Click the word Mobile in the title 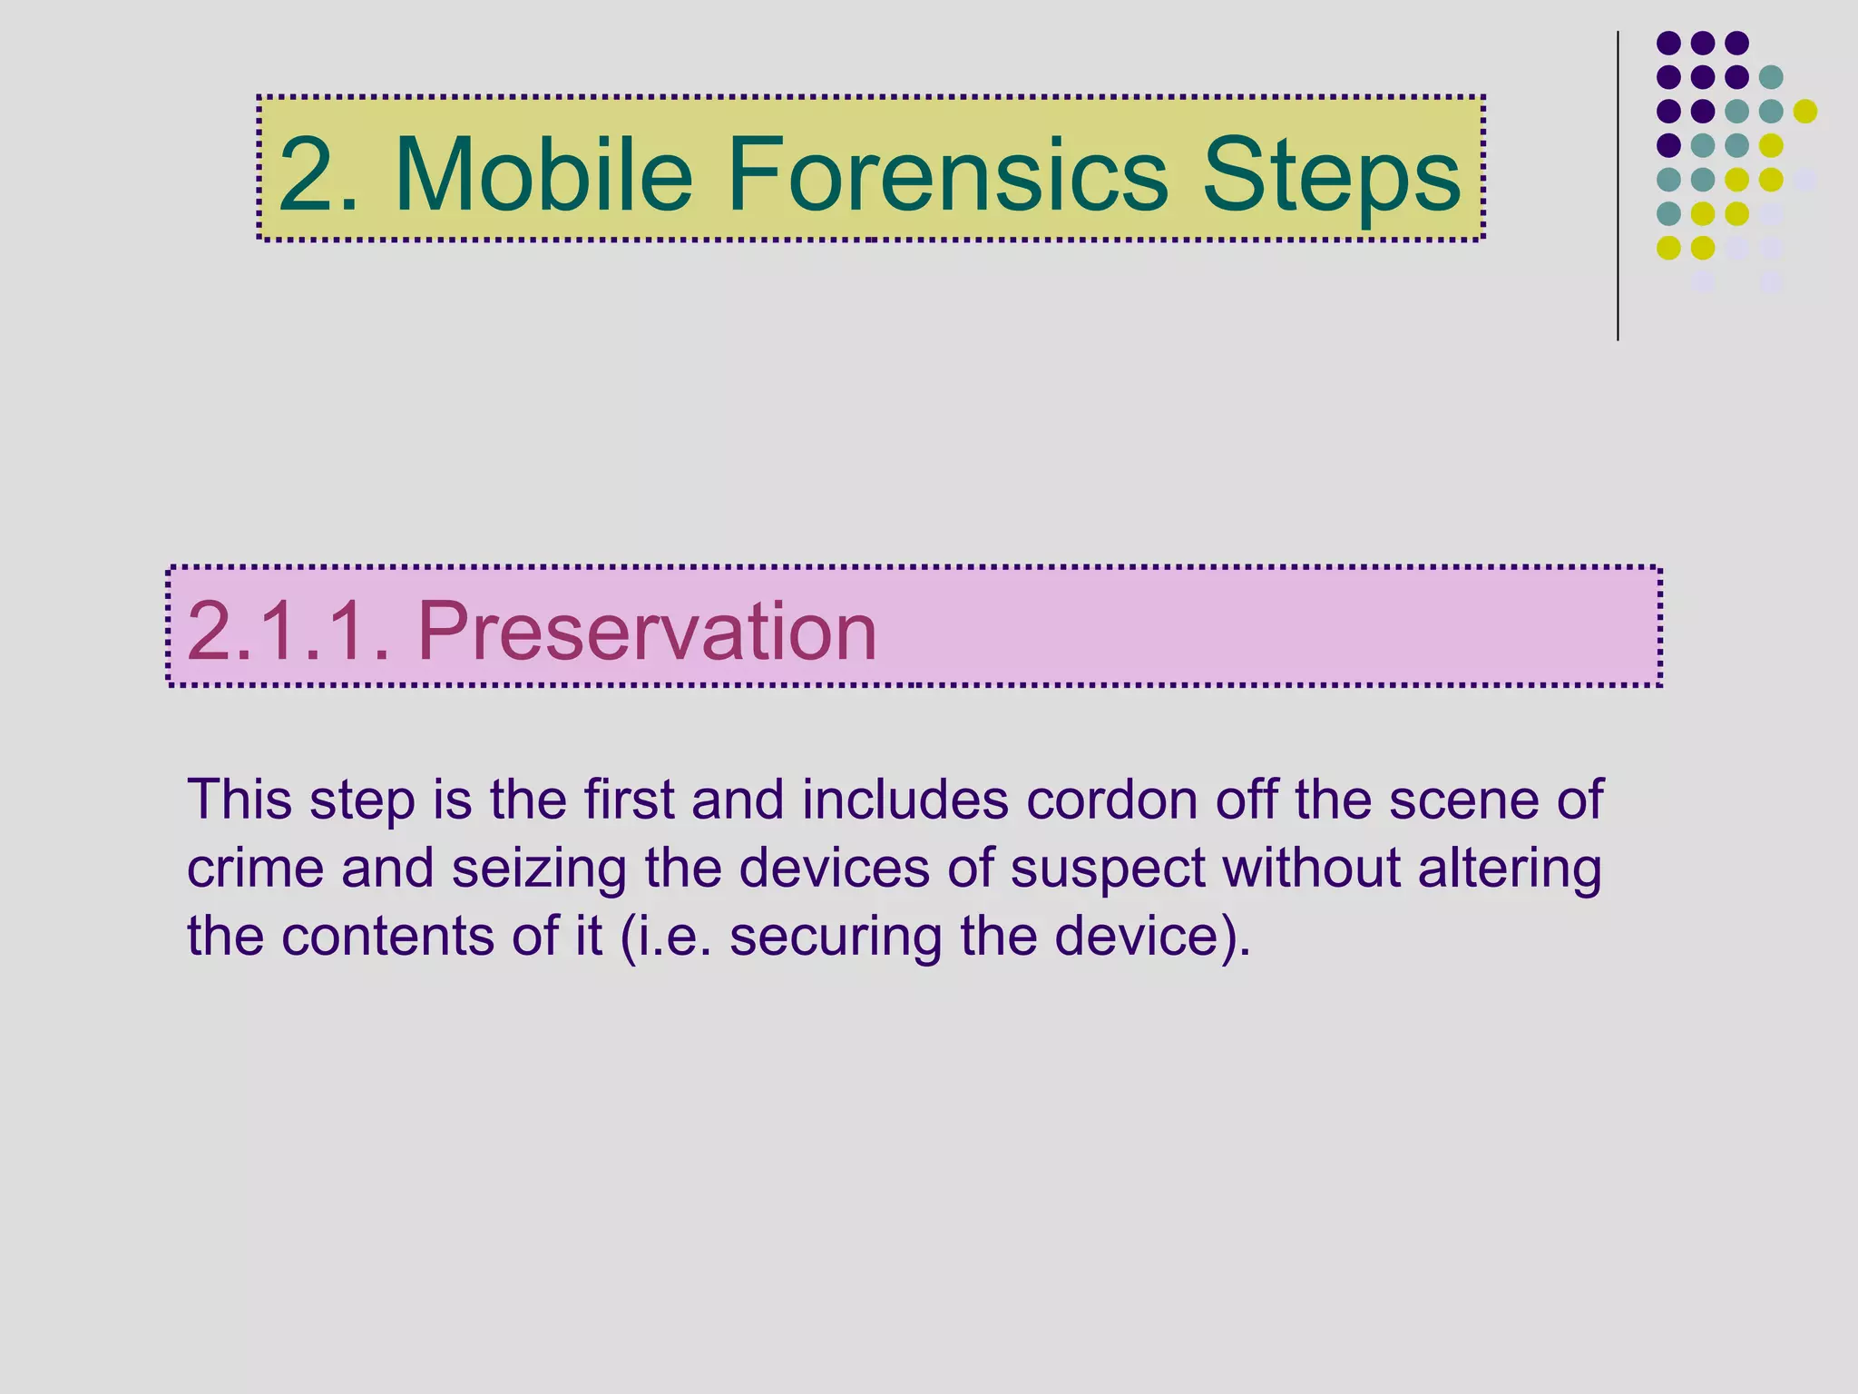[x=543, y=173]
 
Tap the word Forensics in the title [x=947, y=173]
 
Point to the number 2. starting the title [x=318, y=173]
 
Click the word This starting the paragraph [x=240, y=800]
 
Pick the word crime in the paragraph [x=255, y=868]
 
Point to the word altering [x=1510, y=869]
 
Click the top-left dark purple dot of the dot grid [x=1668, y=43]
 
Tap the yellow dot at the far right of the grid [x=1805, y=111]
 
